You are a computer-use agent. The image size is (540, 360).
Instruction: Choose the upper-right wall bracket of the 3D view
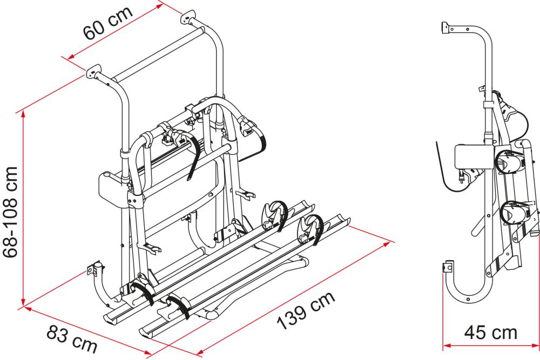(186, 17)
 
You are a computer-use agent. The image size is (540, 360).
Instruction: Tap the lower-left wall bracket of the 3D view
(94, 268)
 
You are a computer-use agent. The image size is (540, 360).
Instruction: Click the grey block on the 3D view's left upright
(114, 186)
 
